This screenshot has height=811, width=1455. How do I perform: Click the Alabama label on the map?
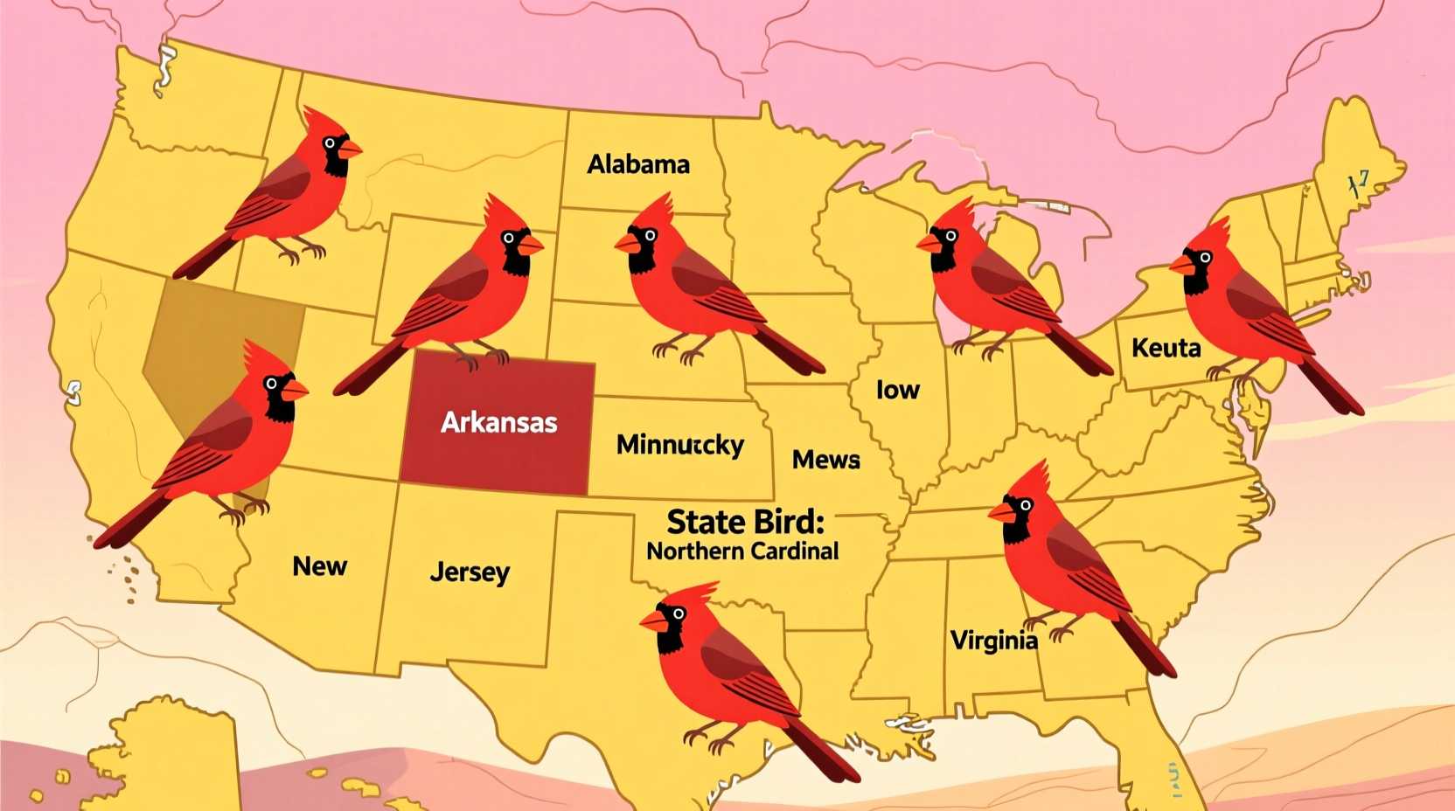click(638, 164)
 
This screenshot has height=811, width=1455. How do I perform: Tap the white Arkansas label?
click(498, 423)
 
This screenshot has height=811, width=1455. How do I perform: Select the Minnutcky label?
click(680, 445)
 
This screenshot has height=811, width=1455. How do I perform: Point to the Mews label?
click(825, 460)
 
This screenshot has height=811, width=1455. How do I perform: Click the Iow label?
click(898, 390)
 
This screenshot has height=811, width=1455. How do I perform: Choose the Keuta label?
click(1166, 348)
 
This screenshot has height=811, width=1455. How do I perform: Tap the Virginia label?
click(994, 641)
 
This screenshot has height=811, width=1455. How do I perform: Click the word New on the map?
click(319, 566)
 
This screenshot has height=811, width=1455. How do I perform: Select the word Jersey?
click(470, 572)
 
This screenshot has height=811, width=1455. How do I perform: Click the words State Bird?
click(745, 522)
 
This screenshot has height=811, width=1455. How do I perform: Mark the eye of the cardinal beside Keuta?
click(1205, 257)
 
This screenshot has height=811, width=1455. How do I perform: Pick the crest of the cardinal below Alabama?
click(661, 210)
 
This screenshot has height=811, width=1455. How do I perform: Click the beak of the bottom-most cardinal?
click(653, 621)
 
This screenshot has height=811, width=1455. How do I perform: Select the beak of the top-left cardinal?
click(351, 149)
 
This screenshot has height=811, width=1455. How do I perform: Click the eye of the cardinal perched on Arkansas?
click(508, 238)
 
